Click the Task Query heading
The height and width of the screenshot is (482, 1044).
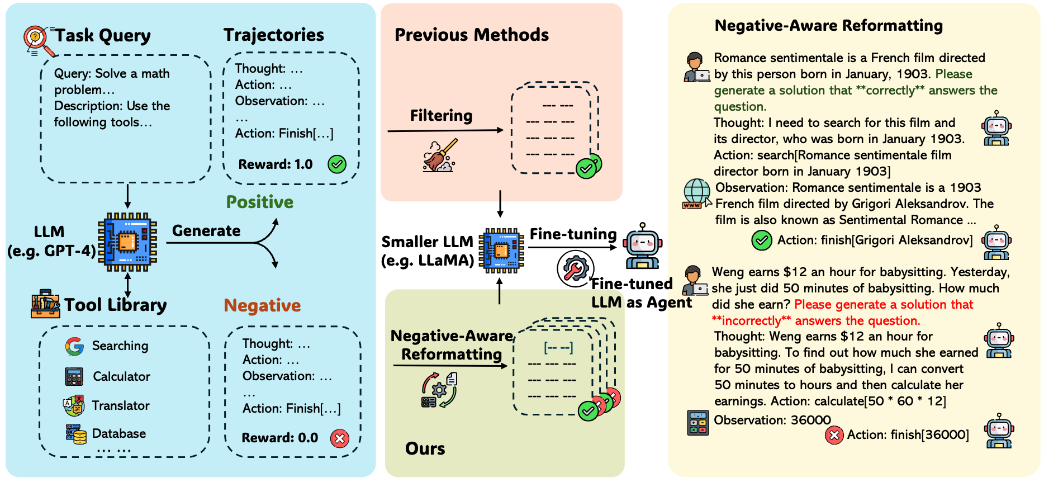click(103, 36)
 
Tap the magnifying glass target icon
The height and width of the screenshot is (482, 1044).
click(37, 40)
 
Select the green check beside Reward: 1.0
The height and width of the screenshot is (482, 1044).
click(336, 164)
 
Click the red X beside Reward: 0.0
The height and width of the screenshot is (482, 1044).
click(339, 438)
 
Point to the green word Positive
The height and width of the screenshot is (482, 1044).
click(259, 202)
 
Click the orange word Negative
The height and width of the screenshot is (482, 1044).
click(262, 305)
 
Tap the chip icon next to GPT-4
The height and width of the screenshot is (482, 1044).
click(127, 242)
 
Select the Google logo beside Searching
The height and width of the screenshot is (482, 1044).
click(74, 346)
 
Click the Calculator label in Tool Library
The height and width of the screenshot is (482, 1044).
click(121, 376)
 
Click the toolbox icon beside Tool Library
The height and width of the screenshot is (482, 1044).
click(45, 304)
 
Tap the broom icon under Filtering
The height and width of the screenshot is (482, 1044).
click(440, 156)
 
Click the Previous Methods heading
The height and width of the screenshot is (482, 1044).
click(472, 35)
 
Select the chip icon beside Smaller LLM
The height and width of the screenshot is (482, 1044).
click(501, 250)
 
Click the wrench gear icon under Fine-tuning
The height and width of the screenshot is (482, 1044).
click(575, 269)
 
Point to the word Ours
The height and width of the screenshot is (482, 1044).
click(425, 448)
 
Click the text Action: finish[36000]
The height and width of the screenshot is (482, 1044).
click(908, 434)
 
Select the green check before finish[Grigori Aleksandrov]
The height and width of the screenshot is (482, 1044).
click(761, 240)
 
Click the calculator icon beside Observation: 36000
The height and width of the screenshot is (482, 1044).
click(697, 423)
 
